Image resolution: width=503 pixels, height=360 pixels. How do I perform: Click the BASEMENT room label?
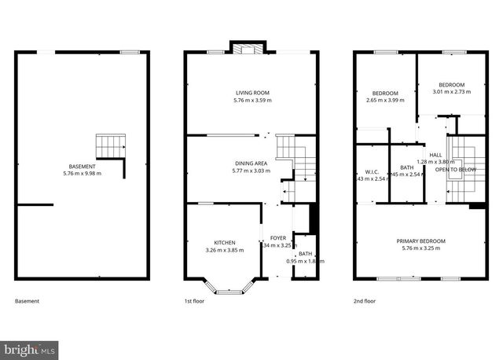click(83, 167)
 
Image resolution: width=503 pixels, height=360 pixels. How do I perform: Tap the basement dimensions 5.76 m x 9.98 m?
click(83, 174)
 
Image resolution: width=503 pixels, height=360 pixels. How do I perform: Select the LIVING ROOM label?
click(251, 94)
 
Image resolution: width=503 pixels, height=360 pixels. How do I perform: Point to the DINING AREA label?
click(251, 163)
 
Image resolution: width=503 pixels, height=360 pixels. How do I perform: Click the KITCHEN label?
click(225, 242)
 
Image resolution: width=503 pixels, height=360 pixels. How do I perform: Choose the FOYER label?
click(278, 238)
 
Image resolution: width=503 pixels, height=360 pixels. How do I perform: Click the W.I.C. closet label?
click(372, 171)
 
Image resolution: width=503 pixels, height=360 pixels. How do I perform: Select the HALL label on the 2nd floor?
click(435, 154)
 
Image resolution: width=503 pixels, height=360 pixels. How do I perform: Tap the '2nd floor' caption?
click(365, 301)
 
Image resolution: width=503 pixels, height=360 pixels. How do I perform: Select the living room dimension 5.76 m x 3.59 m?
click(251, 101)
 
